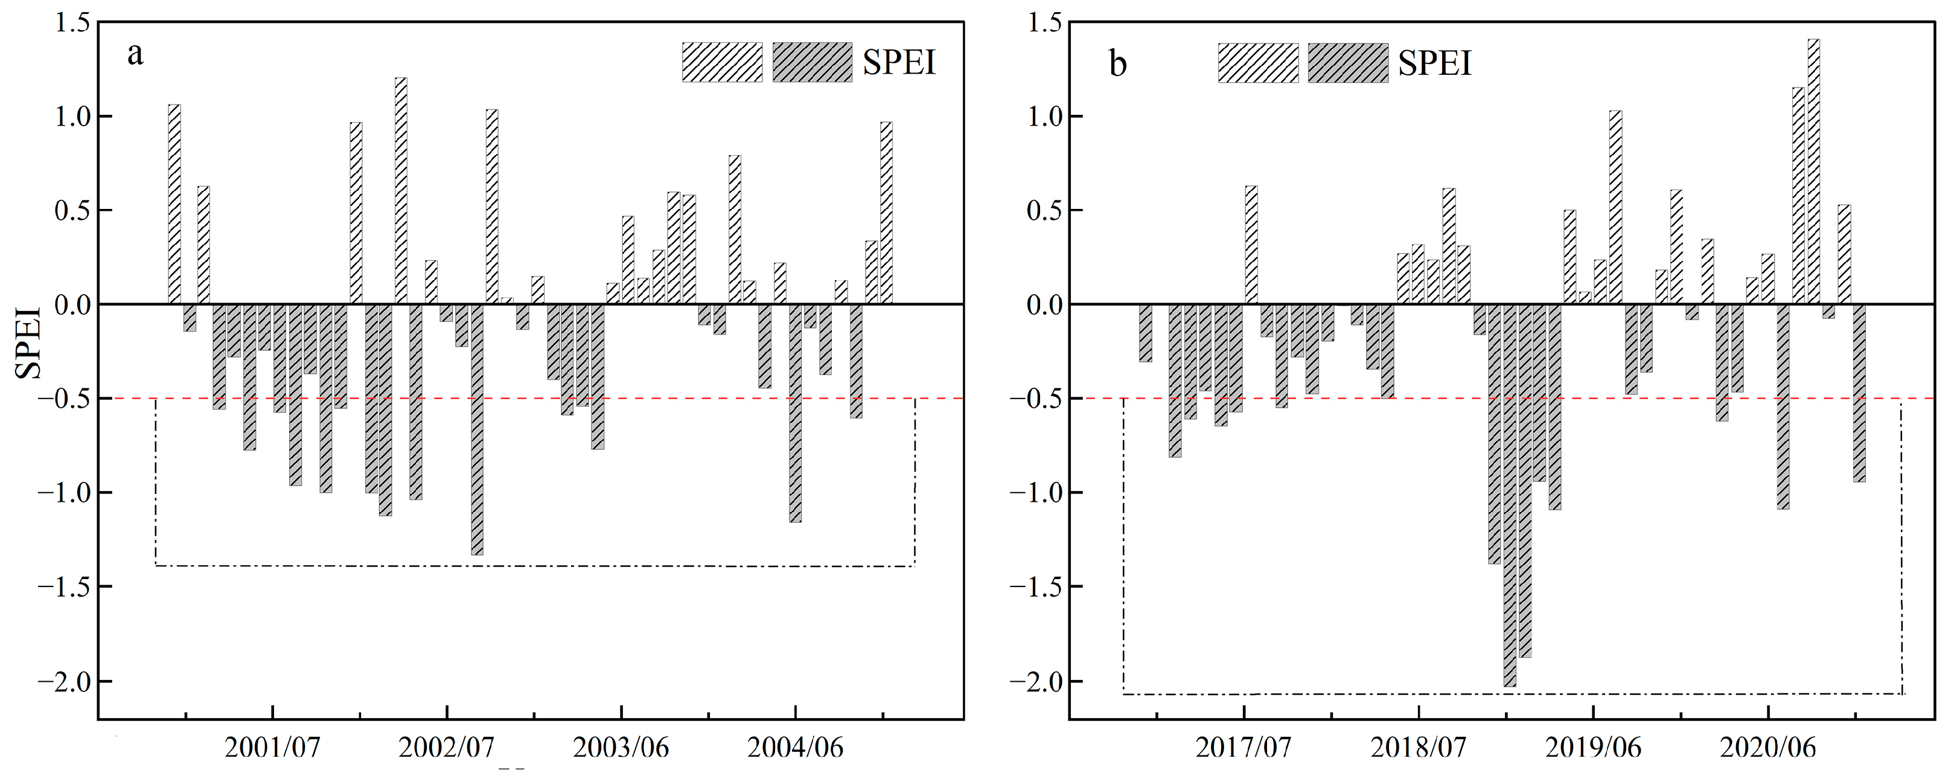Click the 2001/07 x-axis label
pyautogui.click(x=273, y=748)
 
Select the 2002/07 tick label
pyautogui.click(x=447, y=748)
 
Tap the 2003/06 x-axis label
pyautogui.click(x=621, y=748)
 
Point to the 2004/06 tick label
pyautogui.click(x=796, y=748)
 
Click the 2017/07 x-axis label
pyautogui.click(x=1244, y=748)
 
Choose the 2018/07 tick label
pyautogui.click(x=1419, y=748)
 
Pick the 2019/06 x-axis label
pyautogui.click(x=1594, y=748)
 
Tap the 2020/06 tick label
pyautogui.click(x=1768, y=748)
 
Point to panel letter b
pyautogui.click(x=1118, y=64)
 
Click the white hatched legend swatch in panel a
pyautogui.click(x=722, y=62)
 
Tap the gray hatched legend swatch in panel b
pyautogui.click(x=1348, y=63)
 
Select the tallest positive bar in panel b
pyautogui.click(x=1814, y=172)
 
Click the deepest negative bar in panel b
pyautogui.click(x=1510, y=495)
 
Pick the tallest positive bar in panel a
pyautogui.click(x=400, y=190)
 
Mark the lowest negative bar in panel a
pyautogui.click(x=477, y=429)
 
